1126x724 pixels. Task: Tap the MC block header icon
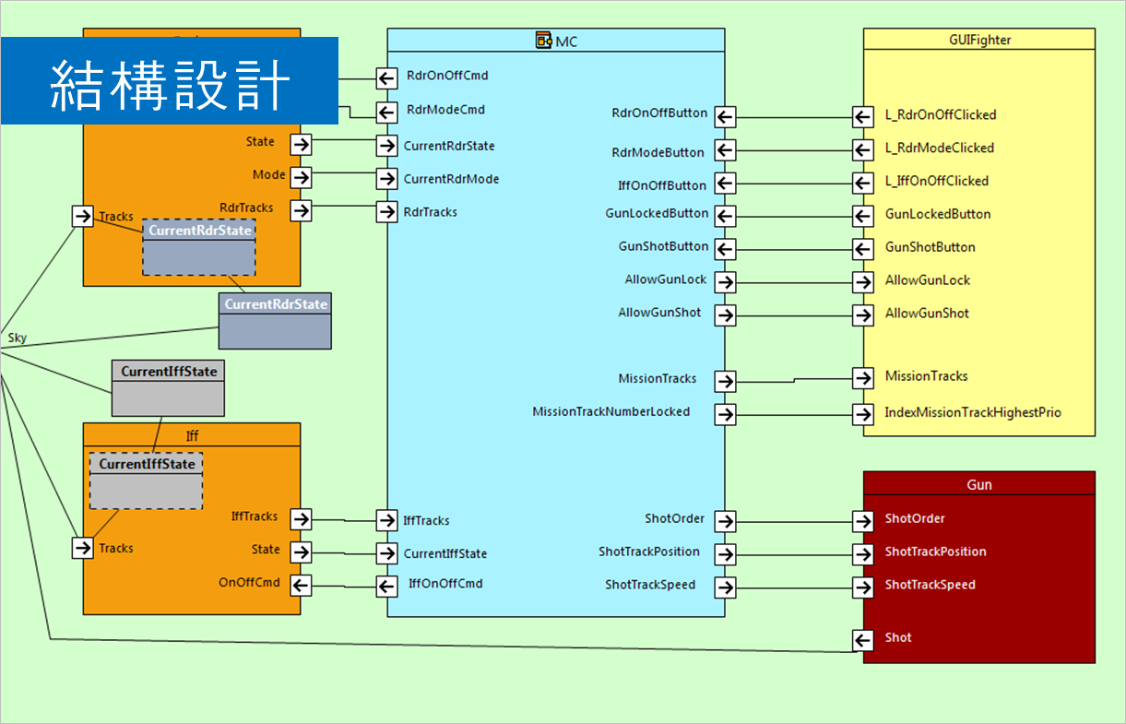click(x=544, y=41)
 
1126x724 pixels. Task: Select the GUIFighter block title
click(x=979, y=40)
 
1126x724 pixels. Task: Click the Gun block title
click(x=979, y=484)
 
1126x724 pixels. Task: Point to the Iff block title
click(x=192, y=435)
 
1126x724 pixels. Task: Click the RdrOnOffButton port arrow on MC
click(x=726, y=117)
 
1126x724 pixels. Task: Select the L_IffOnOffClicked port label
click(x=936, y=181)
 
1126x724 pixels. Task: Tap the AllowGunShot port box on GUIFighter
click(x=862, y=315)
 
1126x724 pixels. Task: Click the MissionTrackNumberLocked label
click(x=610, y=411)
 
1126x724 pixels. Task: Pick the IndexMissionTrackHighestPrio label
click(x=973, y=412)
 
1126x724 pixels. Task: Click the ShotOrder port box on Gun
click(x=862, y=521)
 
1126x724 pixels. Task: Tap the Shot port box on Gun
click(x=862, y=640)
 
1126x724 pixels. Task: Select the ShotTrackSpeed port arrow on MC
click(x=726, y=588)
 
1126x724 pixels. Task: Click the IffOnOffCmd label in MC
click(x=445, y=583)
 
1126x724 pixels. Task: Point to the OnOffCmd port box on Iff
click(x=300, y=584)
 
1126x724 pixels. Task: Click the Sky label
click(x=18, y=338)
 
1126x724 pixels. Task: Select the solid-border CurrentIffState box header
click(x=169, y=372)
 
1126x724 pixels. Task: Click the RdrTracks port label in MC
click(x=430, y=212)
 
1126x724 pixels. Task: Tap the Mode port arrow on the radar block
click(x=300, y=176)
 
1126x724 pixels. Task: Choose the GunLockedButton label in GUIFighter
click(x=938, y=214)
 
